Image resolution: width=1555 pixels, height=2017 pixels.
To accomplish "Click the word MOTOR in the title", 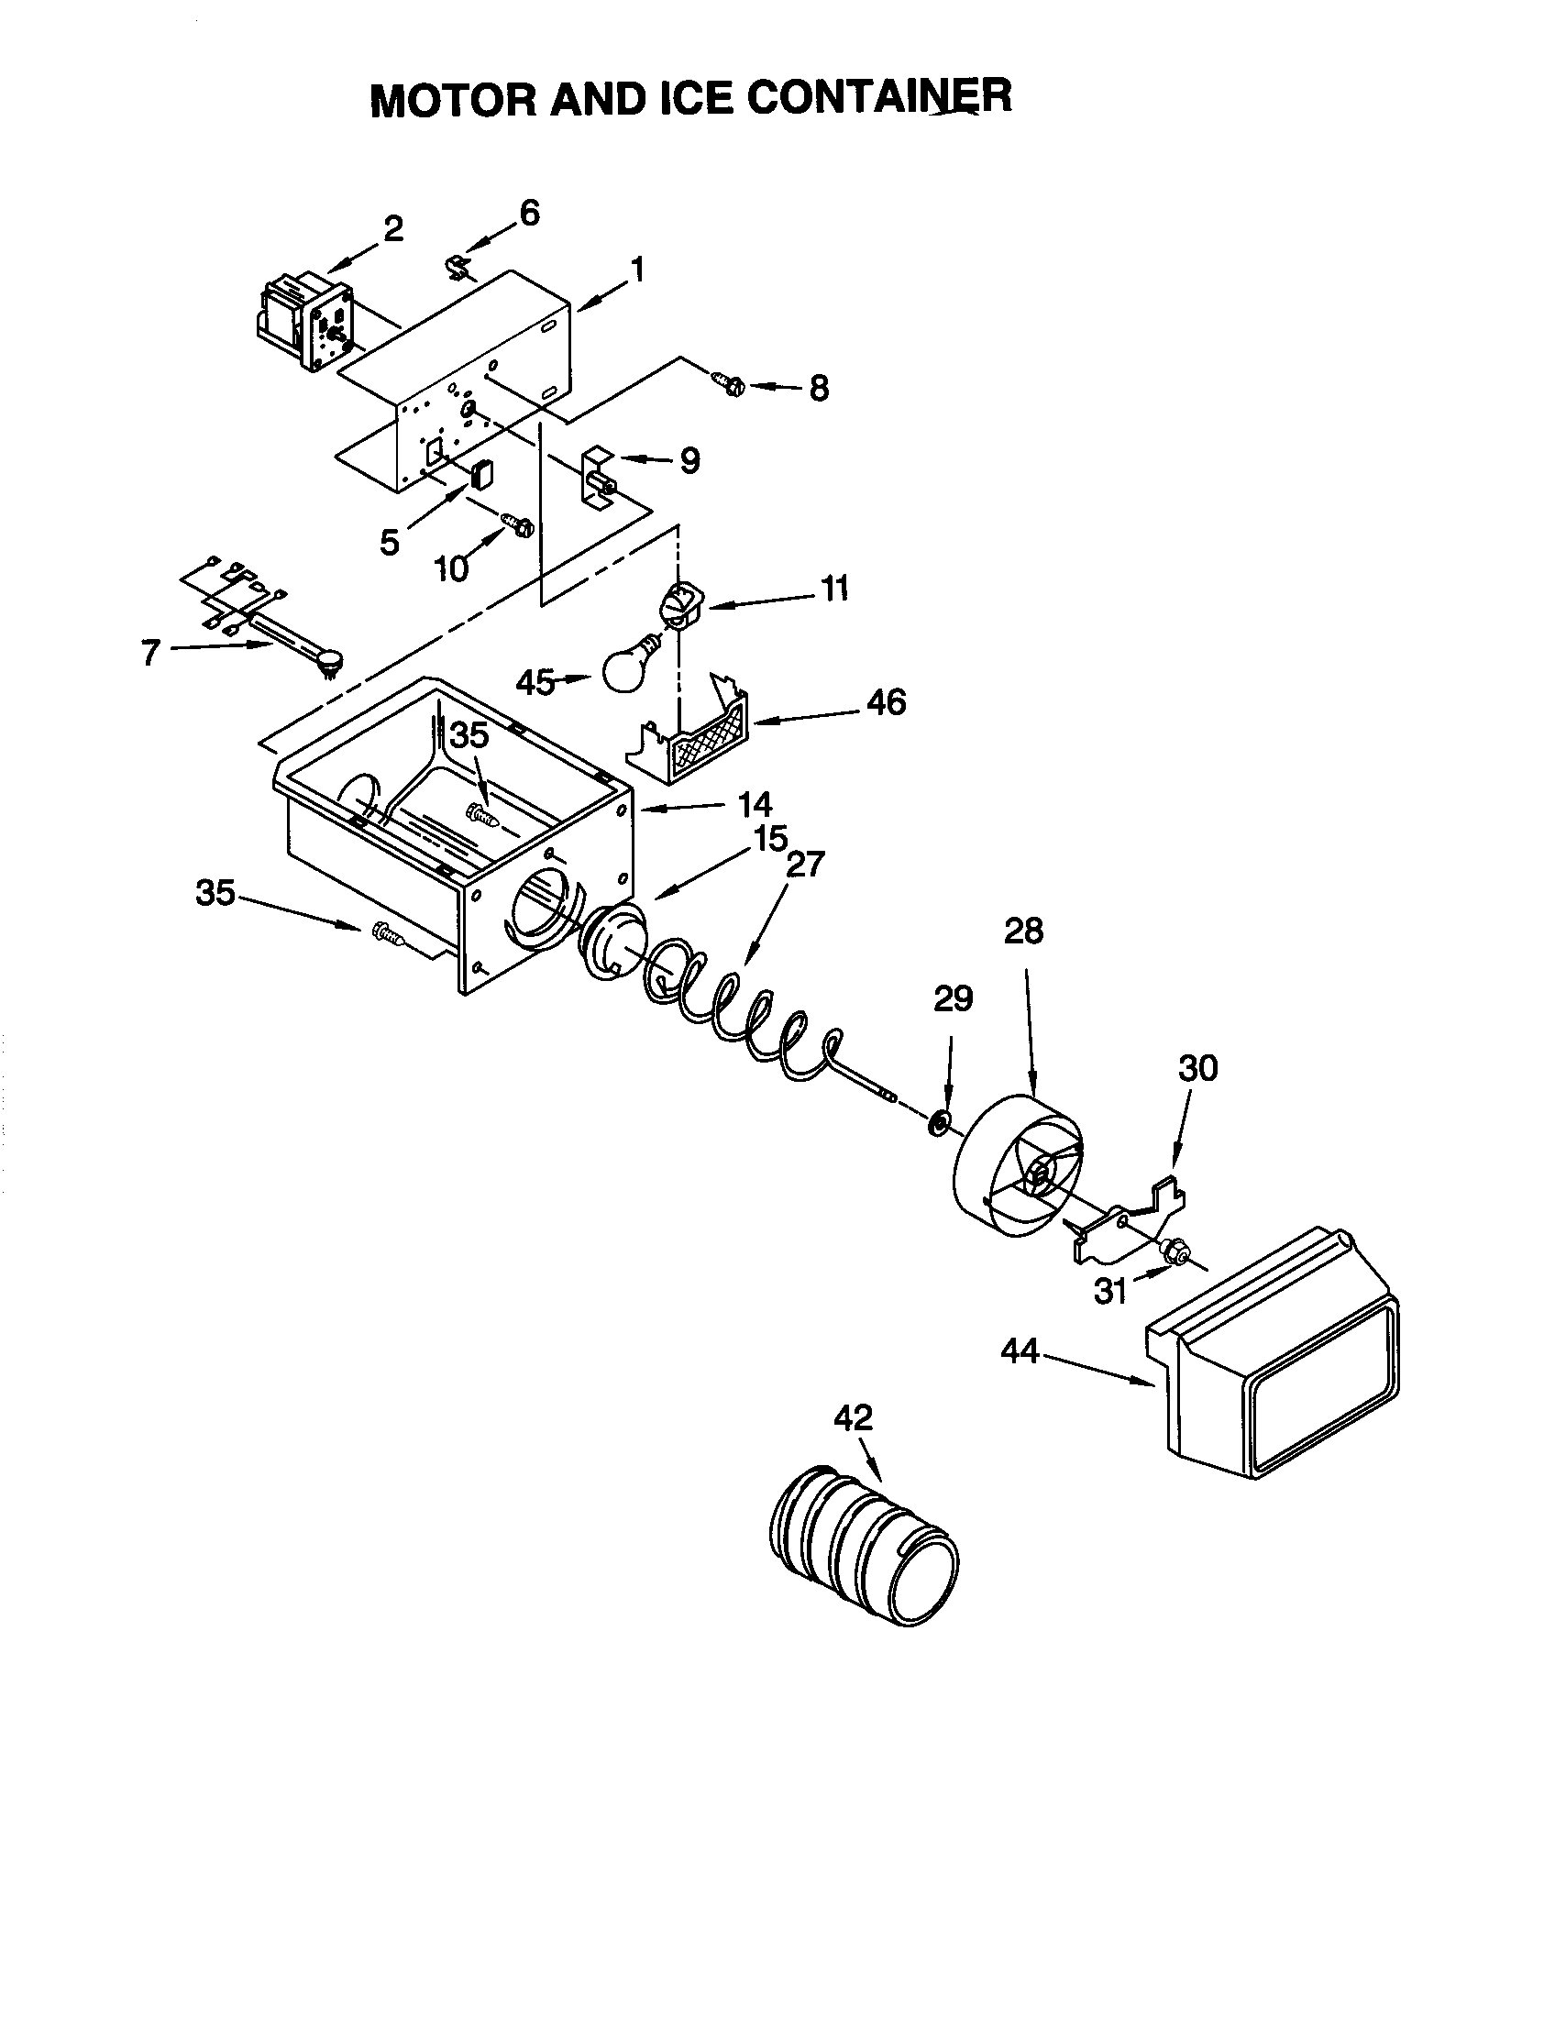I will (x=452, y=100).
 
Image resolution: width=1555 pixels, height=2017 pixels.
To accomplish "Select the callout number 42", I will (x=853, y=1417).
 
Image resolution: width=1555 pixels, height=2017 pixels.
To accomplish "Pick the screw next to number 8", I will (x=729, y=382).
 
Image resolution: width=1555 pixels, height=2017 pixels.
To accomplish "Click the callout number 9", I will (x=689, y=461).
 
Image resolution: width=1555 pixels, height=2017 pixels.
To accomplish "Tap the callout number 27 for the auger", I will (x=805, y=865).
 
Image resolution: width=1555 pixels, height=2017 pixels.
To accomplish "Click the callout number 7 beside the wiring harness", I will (x=150, y=652).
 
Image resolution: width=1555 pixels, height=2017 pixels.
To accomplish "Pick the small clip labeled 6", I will (x=457, y=268).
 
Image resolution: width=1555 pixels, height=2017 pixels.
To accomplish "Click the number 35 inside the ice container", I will (x=469, y=736).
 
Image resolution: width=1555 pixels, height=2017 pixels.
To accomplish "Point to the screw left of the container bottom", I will (x=385, y=934).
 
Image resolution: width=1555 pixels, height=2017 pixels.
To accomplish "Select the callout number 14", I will (x=755, y=804).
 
